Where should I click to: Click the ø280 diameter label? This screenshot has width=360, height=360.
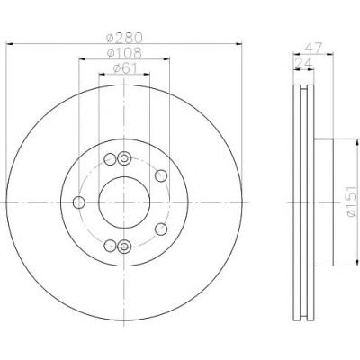click(x=124, y=38)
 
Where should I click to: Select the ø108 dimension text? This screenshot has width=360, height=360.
click(x=124, y=53)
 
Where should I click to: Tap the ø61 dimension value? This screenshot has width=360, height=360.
click(x=125, y=68)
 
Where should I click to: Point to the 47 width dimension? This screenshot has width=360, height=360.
click(x=313, y=48)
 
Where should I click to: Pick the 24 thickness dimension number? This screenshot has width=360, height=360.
click(x=304, y=63)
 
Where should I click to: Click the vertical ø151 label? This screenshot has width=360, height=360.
click(x=352, y=202)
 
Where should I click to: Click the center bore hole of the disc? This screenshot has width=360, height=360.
click(x=124, y=202)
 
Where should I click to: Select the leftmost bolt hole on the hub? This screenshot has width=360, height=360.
click(x=79, y=202)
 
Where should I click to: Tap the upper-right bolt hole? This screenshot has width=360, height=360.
click(x=161, y=175)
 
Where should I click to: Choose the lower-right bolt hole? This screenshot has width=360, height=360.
click(x=161, y=229)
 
